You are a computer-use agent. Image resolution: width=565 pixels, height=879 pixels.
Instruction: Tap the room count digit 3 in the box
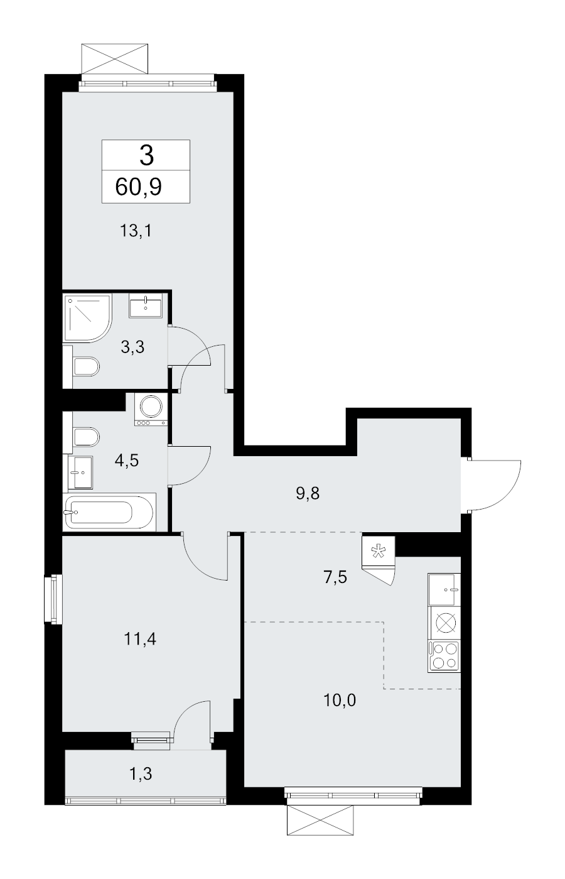pyautogui.click(x=146, y=156)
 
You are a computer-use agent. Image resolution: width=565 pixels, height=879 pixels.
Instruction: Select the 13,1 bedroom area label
pyautogui.click(x=135, y=231)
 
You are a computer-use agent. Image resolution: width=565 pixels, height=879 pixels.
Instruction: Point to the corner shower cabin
pyautogui.click(x=87, y=318)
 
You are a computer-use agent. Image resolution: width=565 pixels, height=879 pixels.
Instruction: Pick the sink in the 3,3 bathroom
pyautogui.click(x=146, y=305)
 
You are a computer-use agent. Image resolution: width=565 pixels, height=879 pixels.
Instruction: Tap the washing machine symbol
pyautogui.click(x=151, y=409)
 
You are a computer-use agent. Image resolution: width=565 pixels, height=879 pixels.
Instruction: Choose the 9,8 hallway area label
pyautogui.click(x=308, y=493)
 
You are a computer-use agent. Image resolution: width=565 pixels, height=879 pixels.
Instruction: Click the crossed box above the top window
pyautogui.click(x=115, y=59)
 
